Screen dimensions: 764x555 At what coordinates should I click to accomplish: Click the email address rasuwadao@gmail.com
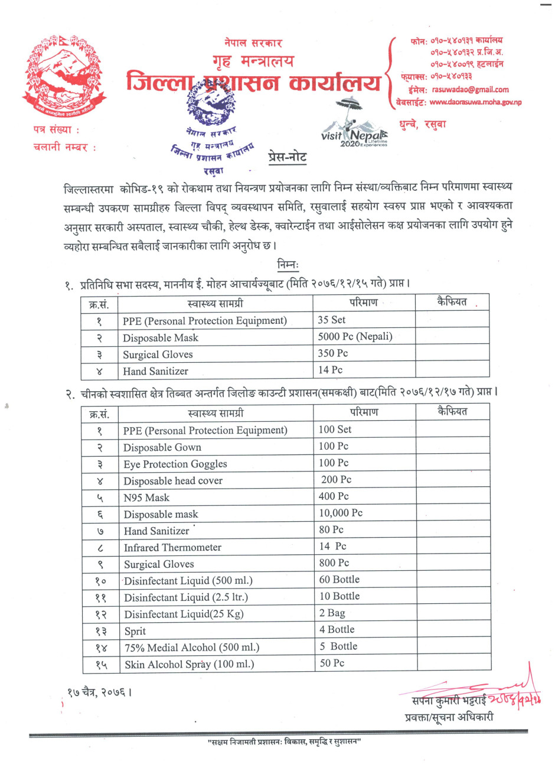click(470, 89)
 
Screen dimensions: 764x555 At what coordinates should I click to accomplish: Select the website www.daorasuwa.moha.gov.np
click(475, 102)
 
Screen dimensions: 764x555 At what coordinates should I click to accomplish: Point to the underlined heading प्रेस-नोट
click(288, 158)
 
